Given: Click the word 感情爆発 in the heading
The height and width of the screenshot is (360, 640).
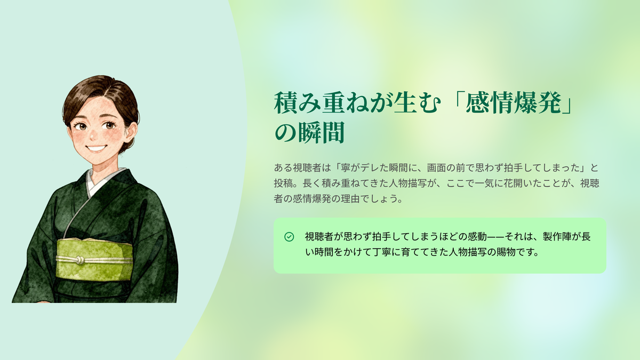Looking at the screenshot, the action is point(513,103).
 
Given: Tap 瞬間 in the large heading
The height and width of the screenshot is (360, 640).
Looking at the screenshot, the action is point(321,133).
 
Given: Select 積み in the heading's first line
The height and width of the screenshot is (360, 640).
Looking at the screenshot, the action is point(297,103).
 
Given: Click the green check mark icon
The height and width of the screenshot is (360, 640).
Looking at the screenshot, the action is point(289,237).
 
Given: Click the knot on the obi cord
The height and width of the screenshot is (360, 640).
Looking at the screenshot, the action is point(81,260).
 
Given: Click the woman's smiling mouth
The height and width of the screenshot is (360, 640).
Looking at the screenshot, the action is point(95,149).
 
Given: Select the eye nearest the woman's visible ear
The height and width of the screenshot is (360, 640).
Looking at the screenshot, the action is point(110,125).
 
